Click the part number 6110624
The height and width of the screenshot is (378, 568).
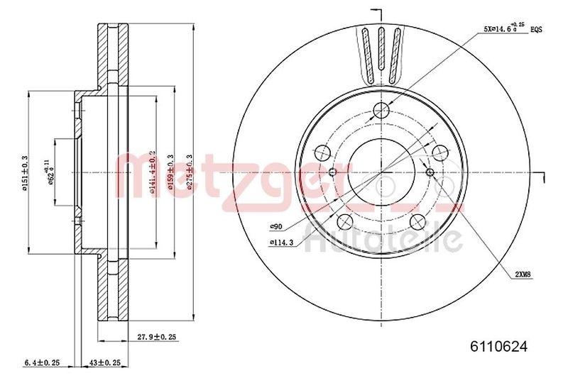coord(499,347)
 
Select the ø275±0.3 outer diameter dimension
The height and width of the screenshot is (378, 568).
coord(190,171)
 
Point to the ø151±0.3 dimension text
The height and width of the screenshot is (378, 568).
coord(24,173)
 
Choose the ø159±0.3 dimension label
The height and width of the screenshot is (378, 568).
coord(170,171)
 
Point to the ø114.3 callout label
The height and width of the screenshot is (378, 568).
coord(282,243)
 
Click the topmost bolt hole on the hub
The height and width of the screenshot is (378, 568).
coord(382,110)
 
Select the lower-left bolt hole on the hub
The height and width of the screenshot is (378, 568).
coord(345,221)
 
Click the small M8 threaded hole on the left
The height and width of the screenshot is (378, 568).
coord(334,172)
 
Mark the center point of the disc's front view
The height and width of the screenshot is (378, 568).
coord(382,172)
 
